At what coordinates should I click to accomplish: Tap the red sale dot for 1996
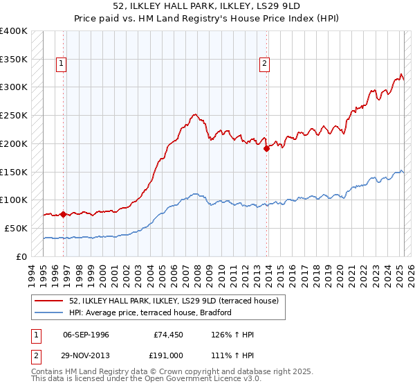point(63,214)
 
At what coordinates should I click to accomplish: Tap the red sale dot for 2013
point(266,148)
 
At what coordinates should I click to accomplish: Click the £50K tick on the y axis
point(16,228)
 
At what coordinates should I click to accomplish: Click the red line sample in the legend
point(49,301)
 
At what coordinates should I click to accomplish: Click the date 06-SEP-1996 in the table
point(86,335)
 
